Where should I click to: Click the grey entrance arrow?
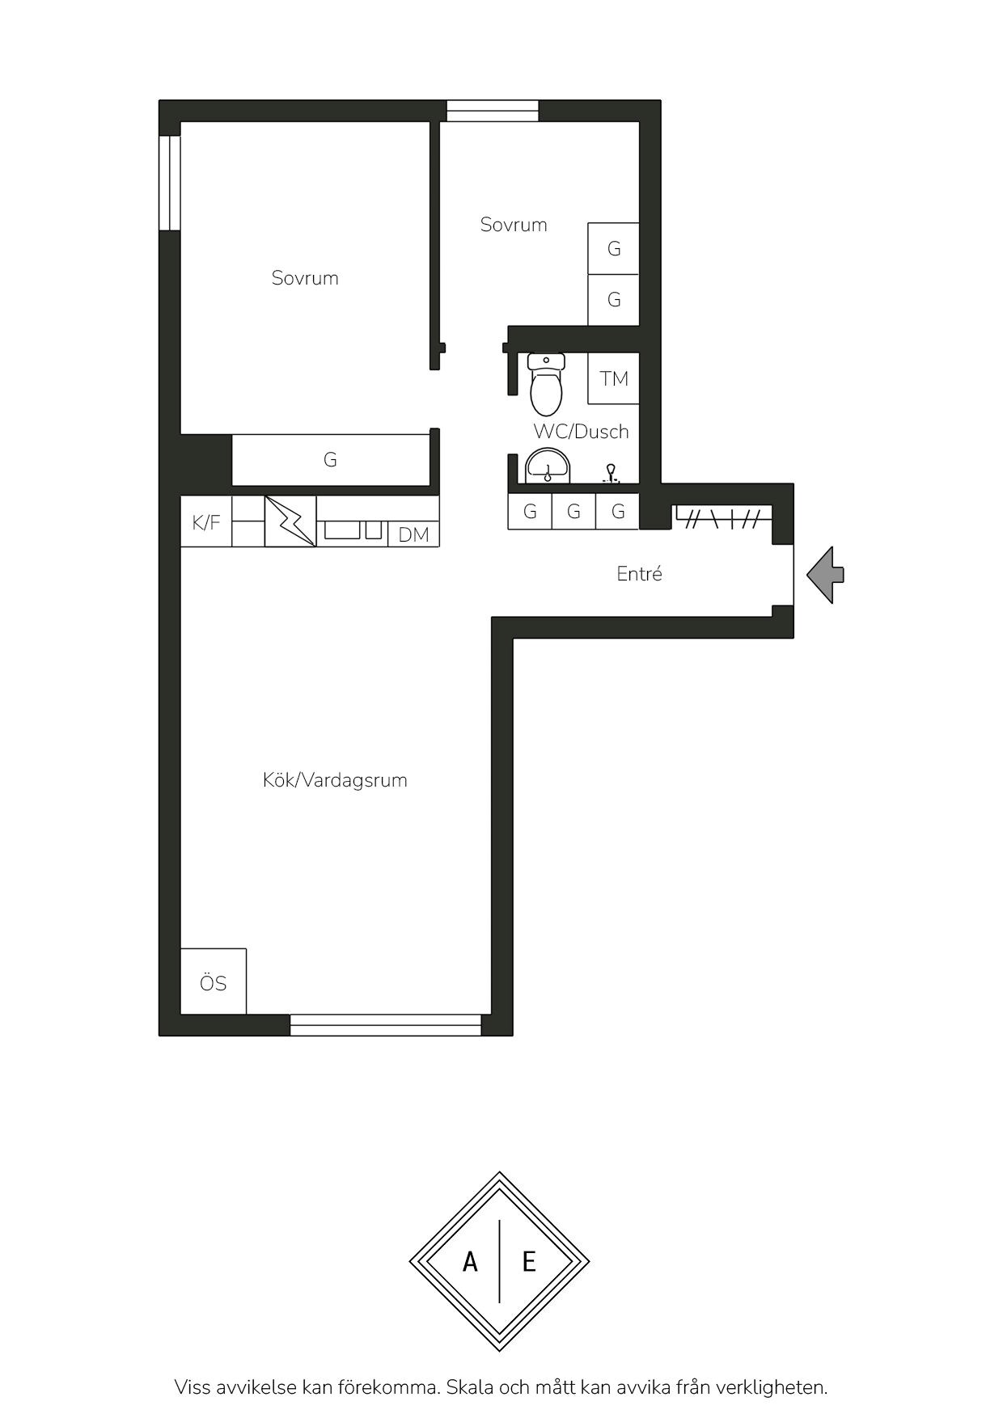(826, 575)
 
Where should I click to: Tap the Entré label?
(639, 574)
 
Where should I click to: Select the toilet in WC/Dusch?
(547, 384)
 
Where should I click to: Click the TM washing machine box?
(614, 378)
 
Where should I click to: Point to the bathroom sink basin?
(548, 466)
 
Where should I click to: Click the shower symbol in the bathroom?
(612, 474)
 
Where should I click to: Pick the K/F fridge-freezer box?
(206, 522)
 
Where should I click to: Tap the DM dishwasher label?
(414, 534)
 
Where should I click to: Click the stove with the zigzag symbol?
(290, 521)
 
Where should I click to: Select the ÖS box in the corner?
(214, 981)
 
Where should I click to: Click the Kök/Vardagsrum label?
(335, 780)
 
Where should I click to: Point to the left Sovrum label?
(305, 278)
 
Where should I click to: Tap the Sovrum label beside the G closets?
(514, 225)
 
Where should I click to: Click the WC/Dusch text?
(581, 432)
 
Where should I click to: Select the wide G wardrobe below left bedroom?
(330, 460)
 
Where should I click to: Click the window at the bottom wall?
(386, 1025)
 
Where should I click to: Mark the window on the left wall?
(169, 183)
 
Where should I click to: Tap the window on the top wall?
(493, 111)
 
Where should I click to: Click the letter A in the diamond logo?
(470, 1261)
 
